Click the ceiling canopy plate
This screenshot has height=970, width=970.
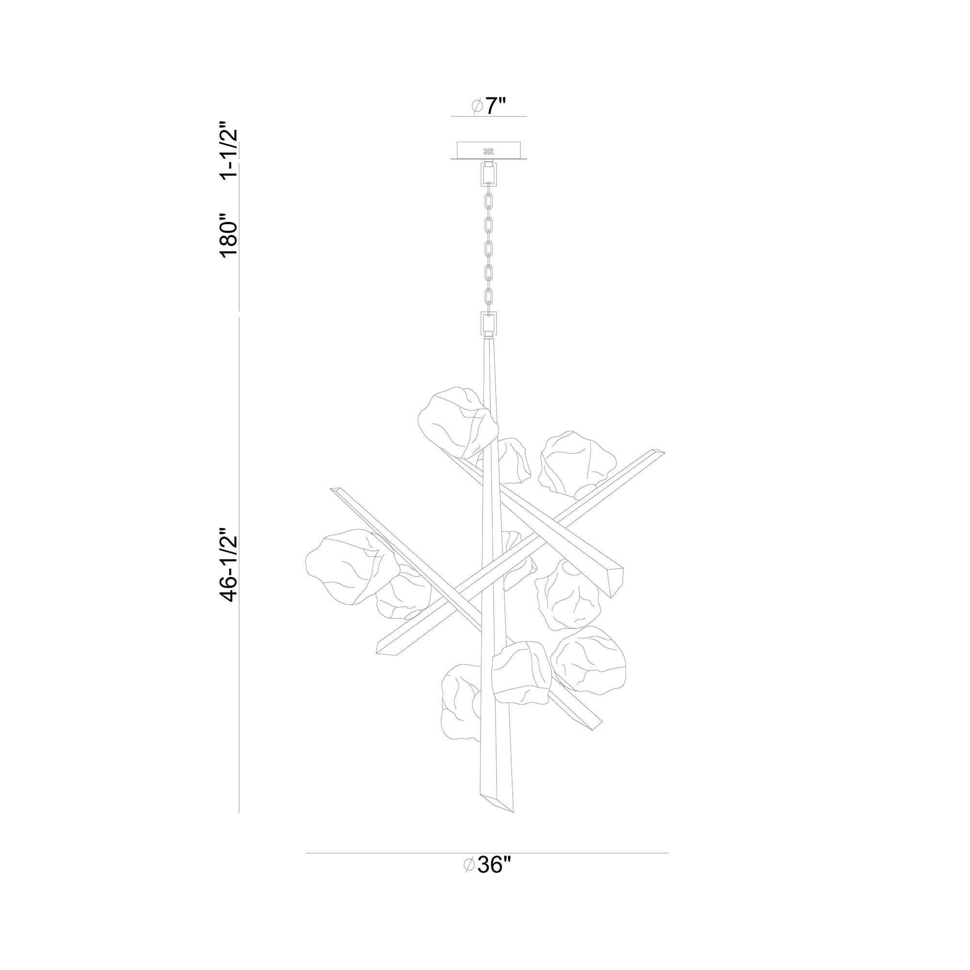(488, 151)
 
